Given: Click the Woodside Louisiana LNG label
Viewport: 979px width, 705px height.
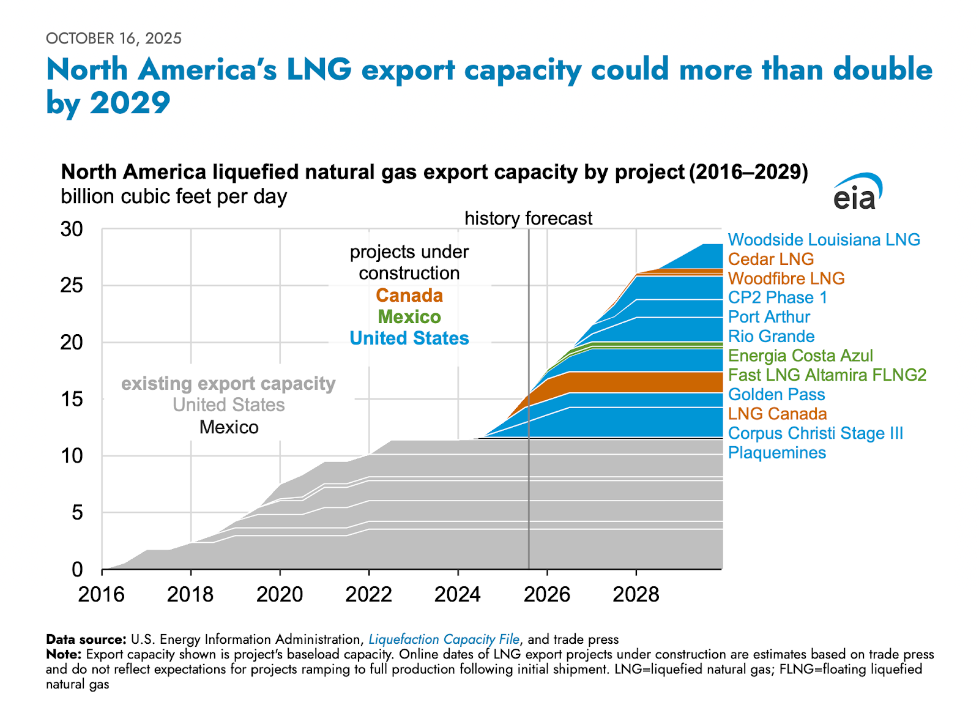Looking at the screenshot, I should (824, 240).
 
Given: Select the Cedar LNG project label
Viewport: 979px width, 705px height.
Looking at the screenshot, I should (770, 259).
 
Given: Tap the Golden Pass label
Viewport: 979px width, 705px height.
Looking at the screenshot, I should (776, 395).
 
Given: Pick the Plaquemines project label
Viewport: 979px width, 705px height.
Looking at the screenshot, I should (776, 453).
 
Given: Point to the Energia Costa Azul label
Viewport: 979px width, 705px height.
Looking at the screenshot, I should (800, 356).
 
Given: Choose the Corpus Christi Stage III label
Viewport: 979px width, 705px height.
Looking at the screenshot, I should (815, 433).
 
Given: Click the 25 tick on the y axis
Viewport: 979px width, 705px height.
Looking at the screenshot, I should (71, 286).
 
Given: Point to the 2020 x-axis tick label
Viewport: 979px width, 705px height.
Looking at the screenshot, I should (280, 594).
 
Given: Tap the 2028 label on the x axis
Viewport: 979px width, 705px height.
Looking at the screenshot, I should (636, 594).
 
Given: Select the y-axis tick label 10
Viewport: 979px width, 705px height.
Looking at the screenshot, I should (71, 456).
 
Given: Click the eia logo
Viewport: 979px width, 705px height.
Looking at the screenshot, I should (857, 192).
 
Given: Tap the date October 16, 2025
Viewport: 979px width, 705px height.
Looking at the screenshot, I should (114, 39).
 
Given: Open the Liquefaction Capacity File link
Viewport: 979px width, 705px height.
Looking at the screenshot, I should (444, 640).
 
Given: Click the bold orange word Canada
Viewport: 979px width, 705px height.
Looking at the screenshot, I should (409, 296).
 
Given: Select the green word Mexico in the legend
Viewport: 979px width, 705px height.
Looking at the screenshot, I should (409, 317).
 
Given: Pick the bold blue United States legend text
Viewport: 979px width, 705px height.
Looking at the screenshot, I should (409, 338).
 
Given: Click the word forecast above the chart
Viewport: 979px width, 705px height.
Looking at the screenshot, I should (562, 218).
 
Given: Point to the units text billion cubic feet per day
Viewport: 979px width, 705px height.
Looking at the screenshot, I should (174, 197).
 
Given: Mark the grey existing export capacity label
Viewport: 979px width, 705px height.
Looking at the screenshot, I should (228, 384).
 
